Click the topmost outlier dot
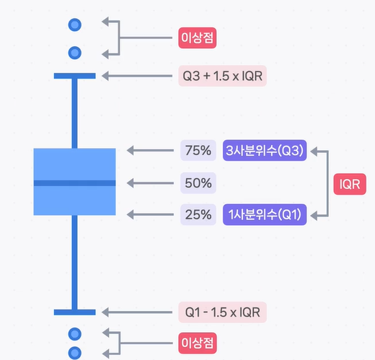click(75, 25)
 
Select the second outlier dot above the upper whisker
click(75, 53)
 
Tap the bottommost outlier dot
click(75, 353)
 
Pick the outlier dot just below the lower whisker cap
click(75, 334)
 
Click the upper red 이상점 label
click(198, 38)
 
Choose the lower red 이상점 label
click(198, 343)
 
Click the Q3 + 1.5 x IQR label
click(222, 76)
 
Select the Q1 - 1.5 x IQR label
click(222, 312)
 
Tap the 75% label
click(198, 150)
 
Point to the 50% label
click(198, 183)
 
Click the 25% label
click(198, 214)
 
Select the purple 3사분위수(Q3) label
click(265, 150)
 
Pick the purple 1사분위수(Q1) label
click(265, 214)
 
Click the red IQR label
click(350, 184)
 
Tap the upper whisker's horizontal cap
click(75, 76)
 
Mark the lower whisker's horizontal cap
click(75, 312)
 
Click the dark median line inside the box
click(74, 183)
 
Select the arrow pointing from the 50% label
click(150, 183)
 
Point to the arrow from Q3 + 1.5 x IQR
click(137, 76)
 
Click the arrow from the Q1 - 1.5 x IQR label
click(137, 312)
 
